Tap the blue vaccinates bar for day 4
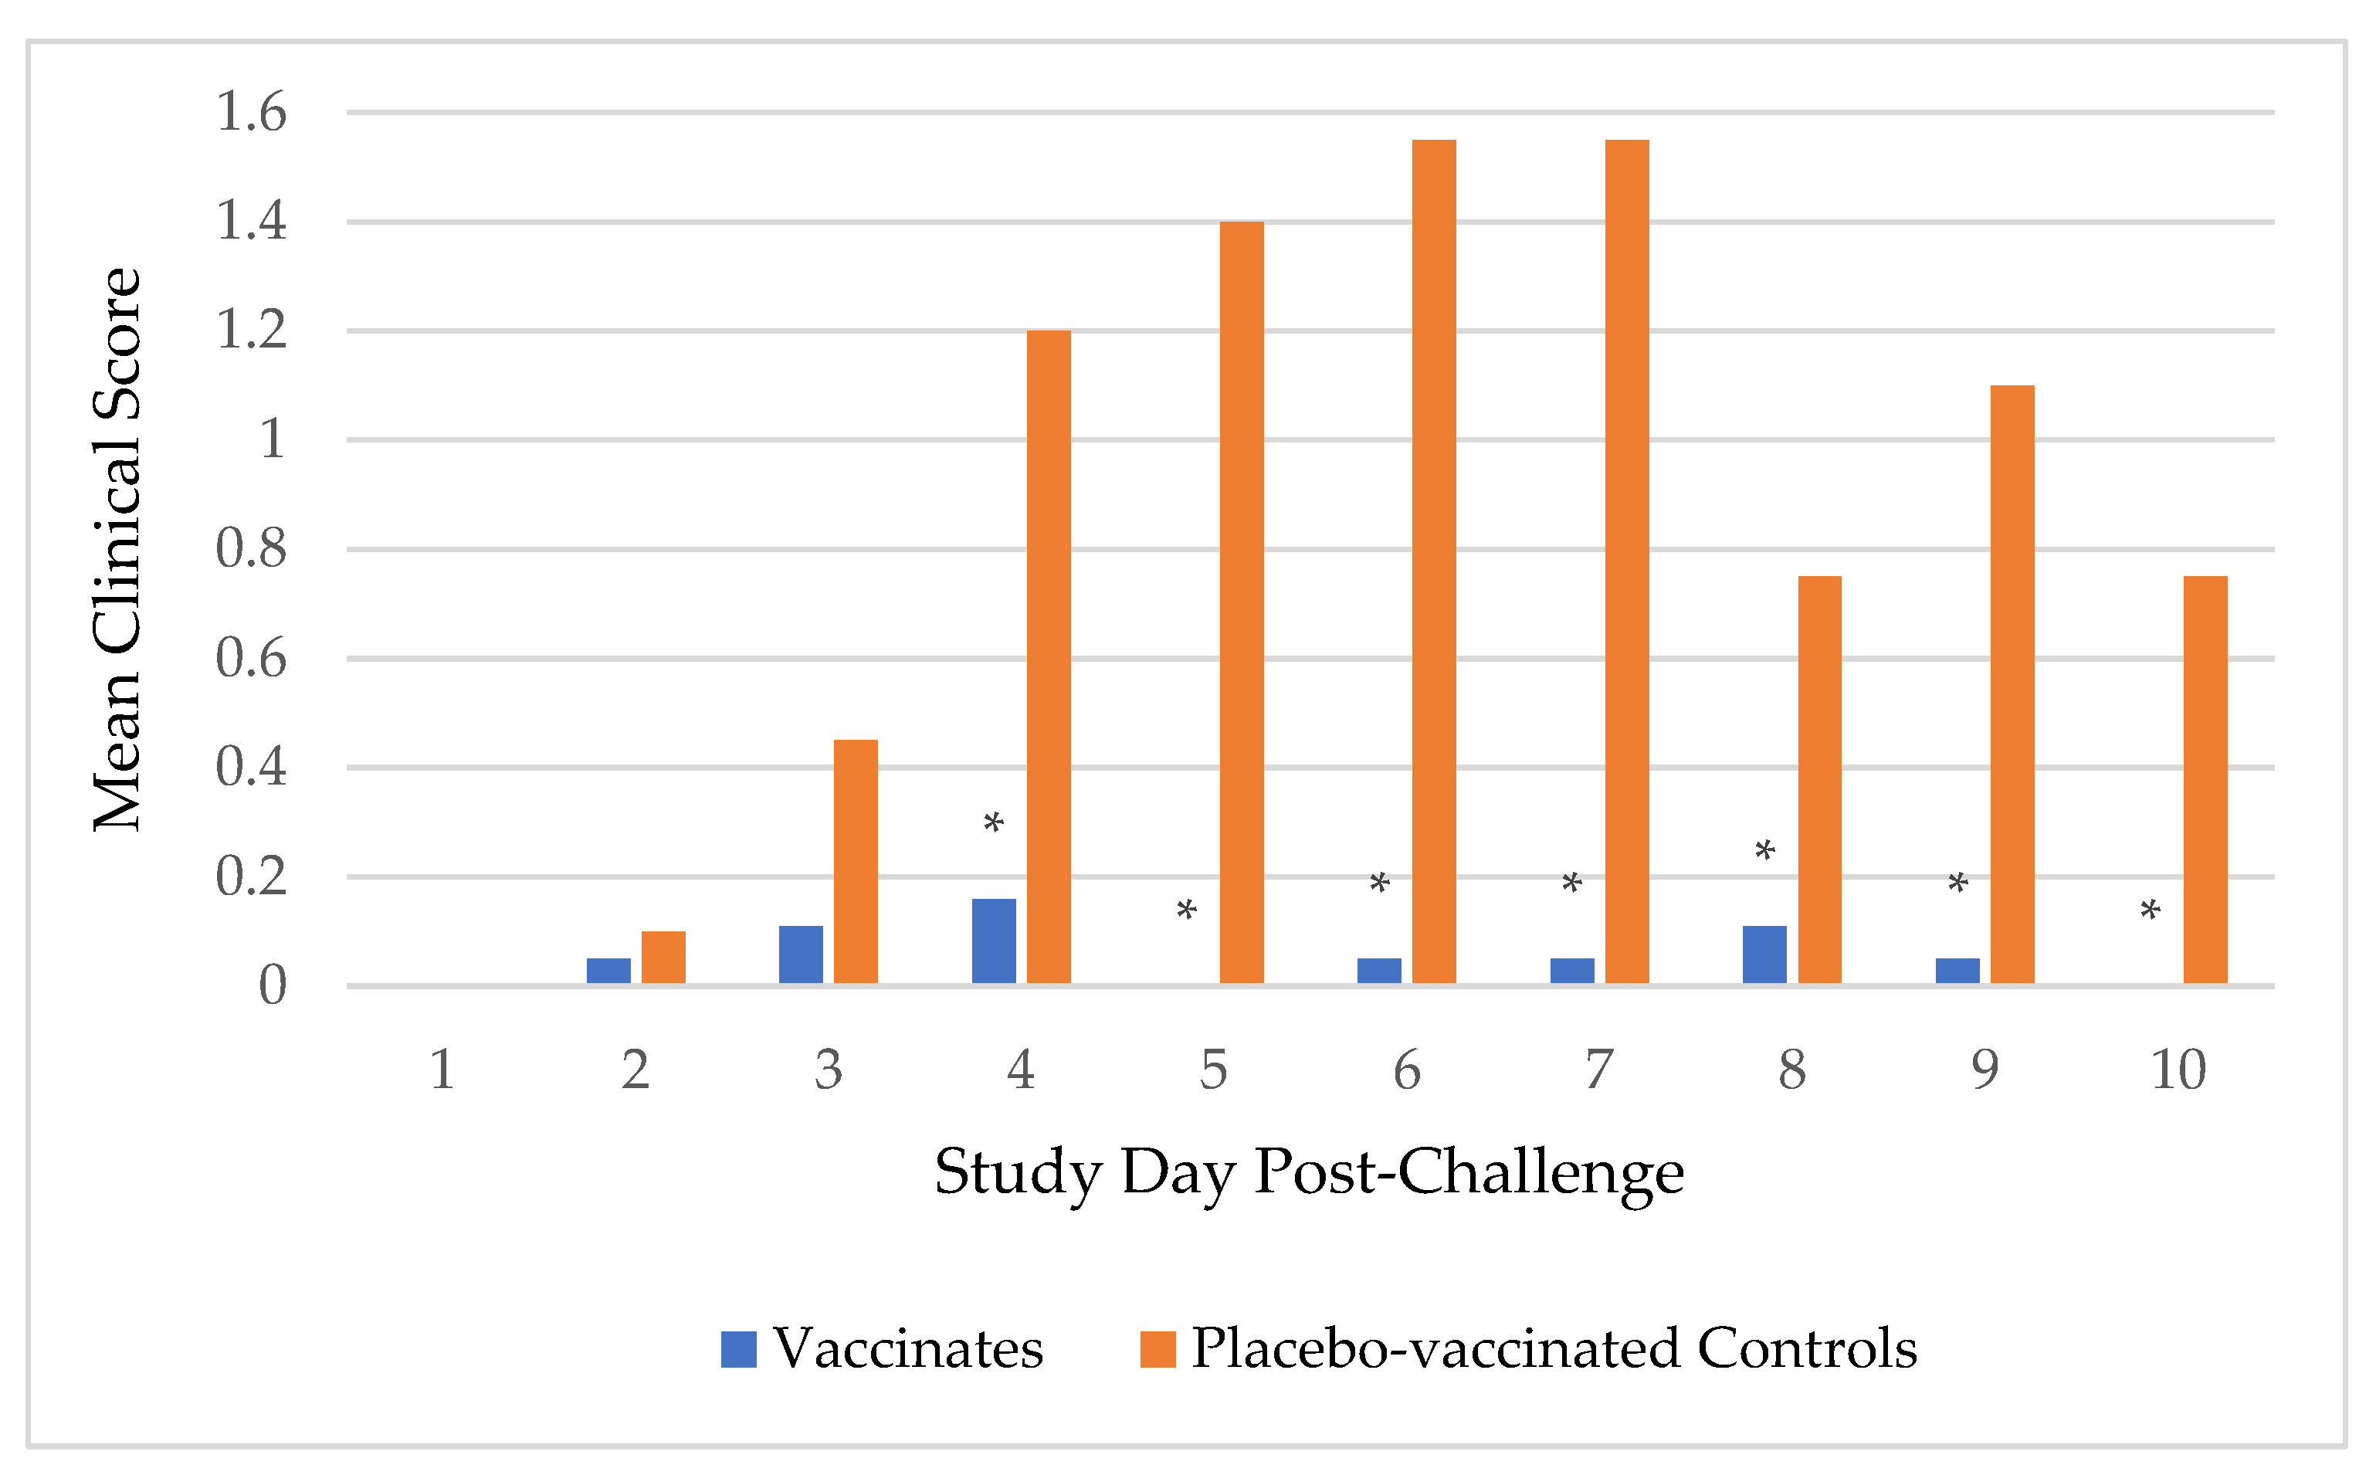tap(994, 941)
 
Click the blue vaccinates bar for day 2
tap(608, 971)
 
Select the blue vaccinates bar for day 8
tap(1764, 954)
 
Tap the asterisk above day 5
tap(1186, 913)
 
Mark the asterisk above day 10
tap(2151, 913)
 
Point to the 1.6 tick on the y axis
tap(251, 111)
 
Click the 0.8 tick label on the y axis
tap(251, 548)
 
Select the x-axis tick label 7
tap(1598, 1070)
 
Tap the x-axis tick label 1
tap(442, 1070)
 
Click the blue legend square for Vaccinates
tap(738, 1349)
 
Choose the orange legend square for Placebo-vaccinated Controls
tap(1157, 1349)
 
